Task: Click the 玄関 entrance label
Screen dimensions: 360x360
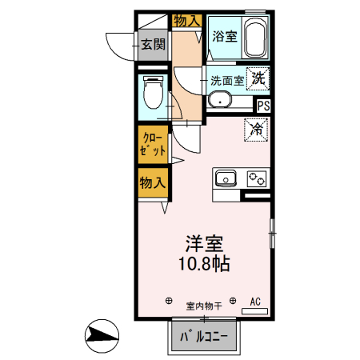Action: (153, 45)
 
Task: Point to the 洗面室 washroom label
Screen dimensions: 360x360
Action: (227, 80)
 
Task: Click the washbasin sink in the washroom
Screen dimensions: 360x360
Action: (219, 101)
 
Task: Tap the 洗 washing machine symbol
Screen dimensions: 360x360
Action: (259, 78)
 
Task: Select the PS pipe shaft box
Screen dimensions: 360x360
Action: (263, 104)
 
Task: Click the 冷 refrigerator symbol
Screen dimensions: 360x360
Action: (258, 129)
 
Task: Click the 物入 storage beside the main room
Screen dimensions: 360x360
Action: (152, 182)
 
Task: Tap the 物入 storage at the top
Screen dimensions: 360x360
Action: (186, 20)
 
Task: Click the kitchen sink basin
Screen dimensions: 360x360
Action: (224, 177)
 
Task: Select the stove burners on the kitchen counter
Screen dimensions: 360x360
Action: (257, 177)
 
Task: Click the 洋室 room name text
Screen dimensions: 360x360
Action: (203, 243)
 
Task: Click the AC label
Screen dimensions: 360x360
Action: (256, 302)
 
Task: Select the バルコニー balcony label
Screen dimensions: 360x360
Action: (204, 337)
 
